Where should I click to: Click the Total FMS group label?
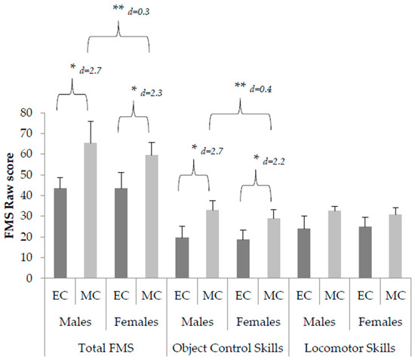point(106,349)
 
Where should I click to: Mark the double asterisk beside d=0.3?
point(118,8)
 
